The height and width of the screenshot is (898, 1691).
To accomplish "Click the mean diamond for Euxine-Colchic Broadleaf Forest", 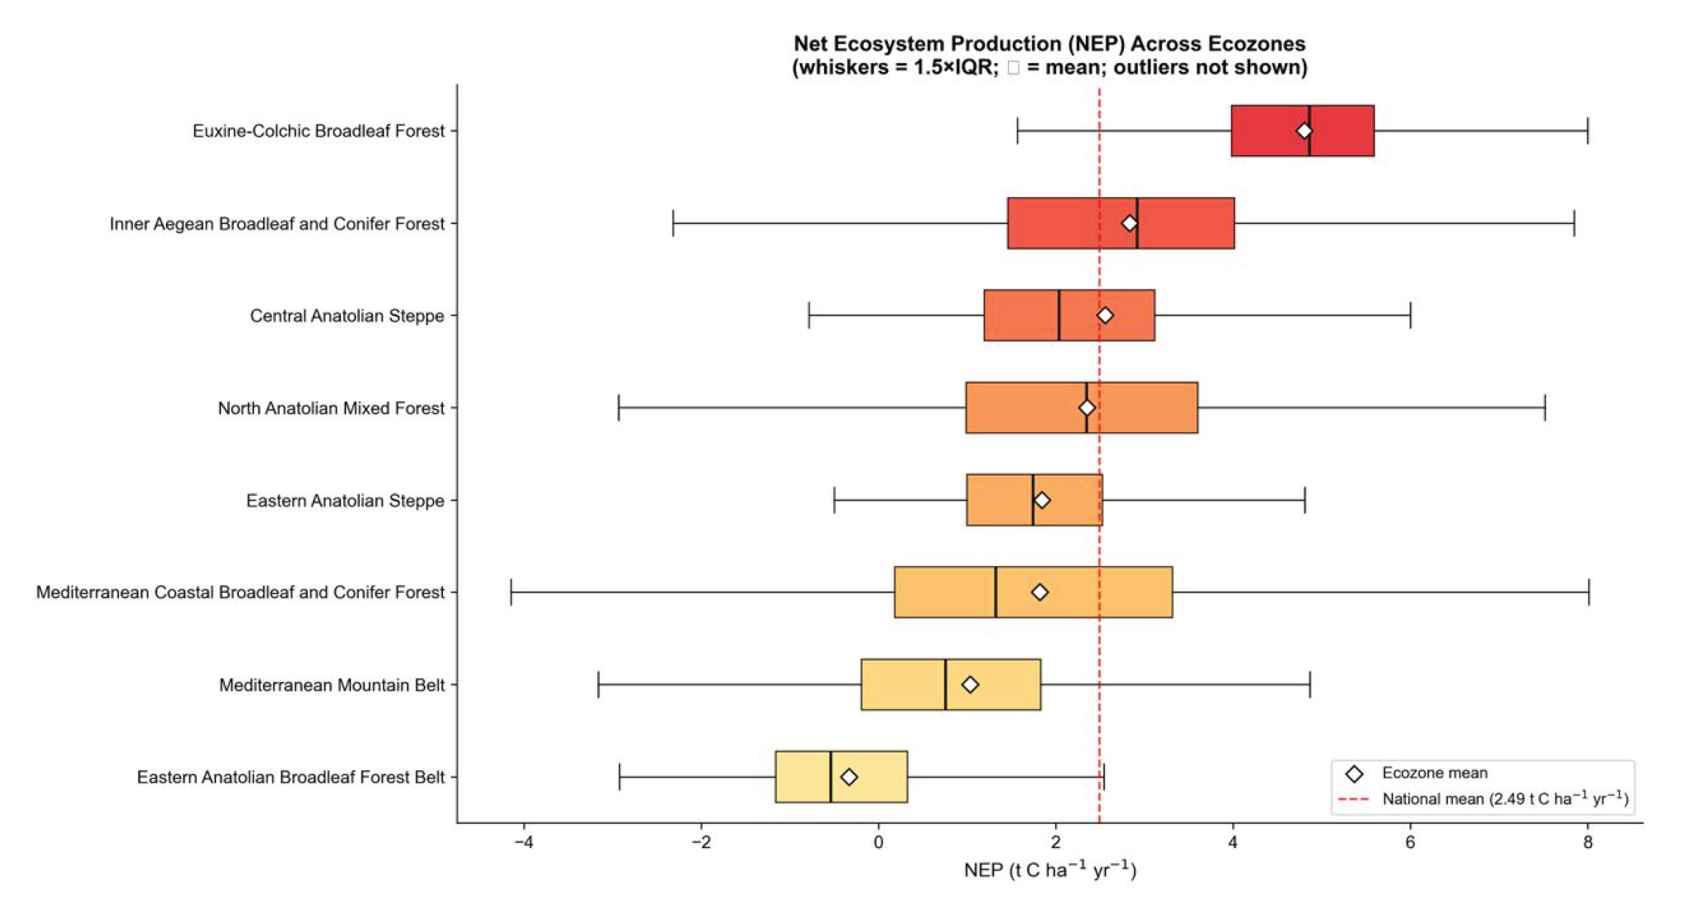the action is (x=1304, y=131).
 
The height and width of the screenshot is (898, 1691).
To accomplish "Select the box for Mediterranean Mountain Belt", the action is (x=951, y=684).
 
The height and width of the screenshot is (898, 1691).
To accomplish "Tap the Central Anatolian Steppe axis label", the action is (x=347, y=316).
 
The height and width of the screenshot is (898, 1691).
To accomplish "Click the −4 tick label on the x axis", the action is (x=523, y=842).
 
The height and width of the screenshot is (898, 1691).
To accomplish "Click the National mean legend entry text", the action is (x=1505, y=799).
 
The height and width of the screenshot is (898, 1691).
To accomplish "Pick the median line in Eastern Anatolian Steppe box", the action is (x=1033, y=500).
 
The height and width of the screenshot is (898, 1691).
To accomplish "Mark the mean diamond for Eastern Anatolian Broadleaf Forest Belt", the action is (x=848, y=777).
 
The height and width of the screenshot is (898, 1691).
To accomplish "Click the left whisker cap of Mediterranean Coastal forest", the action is (x=511, y=592).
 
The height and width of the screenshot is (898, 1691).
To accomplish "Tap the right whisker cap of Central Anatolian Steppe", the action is (x=1410, y=315).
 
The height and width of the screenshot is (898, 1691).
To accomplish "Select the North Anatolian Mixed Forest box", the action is (x=1081, y=408).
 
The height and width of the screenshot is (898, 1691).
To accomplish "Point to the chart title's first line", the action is (x=1050, y=43).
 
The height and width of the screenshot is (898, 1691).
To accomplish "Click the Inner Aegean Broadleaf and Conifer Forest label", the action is (x=277, y=223).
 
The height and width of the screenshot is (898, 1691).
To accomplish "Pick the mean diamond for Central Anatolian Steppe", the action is (x=1105, y=315).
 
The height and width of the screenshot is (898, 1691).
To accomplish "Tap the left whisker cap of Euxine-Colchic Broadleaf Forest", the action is (x=1017, y=131).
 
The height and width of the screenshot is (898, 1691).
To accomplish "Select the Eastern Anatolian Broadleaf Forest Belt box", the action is (x=841, y=777).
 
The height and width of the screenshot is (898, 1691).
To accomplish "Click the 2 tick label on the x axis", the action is (x=1056, y=842).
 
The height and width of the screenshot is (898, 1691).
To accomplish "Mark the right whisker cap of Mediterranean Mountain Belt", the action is (x=1310, y=684).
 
